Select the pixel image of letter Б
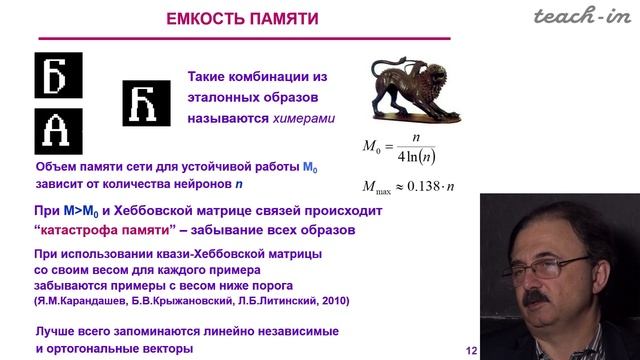click(56, 74)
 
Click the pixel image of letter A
click(56, 129)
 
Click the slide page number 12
click(471, 350)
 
